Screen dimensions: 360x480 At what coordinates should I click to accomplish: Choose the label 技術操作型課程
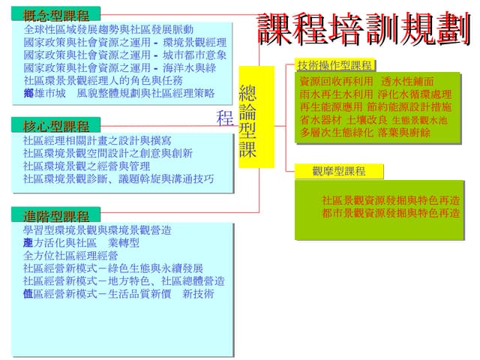pyautogui.click(x=335, y=65)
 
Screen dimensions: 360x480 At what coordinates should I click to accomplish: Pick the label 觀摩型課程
pyautogui.click(x=339, y=172)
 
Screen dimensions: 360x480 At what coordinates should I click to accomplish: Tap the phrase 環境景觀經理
pyautogui.click(x=195, y=43)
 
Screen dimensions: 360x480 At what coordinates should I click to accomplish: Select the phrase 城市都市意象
pyautogui.click(x=195, y=55)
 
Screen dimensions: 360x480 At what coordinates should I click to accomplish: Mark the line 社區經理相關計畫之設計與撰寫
pyautogui.click(x=97, y=140)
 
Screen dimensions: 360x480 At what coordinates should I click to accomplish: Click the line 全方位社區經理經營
pyautogui.click(x=70, y=256)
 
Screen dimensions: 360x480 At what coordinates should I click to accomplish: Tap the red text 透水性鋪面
pyautogui.click(x=407, y=81)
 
